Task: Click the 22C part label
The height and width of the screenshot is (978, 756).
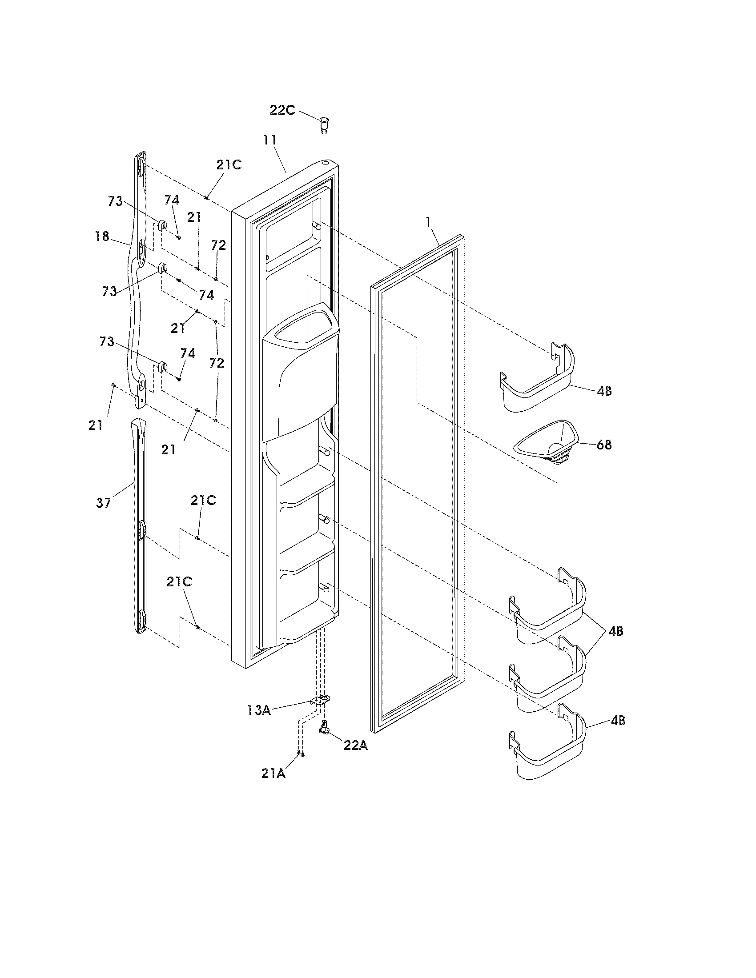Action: [x=282, y=110]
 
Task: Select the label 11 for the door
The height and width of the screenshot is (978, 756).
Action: [x=269, y=140]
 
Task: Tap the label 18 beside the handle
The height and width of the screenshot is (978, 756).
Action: [x=103, y=236]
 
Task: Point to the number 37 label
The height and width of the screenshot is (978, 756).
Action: [x=103, y=503]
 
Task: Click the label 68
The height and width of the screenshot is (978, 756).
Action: [x=604, y=445]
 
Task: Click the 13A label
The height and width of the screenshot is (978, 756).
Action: [x=258, y=710]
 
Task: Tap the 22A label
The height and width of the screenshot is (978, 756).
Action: [x=355, y=746]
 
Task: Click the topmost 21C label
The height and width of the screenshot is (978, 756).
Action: [x=229, y=165]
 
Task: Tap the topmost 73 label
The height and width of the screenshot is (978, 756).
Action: [x=115, y=201]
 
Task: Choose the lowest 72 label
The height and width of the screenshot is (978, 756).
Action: [x=217, y=363]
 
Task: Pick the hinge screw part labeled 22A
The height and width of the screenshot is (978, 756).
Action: [x=324, y=728]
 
